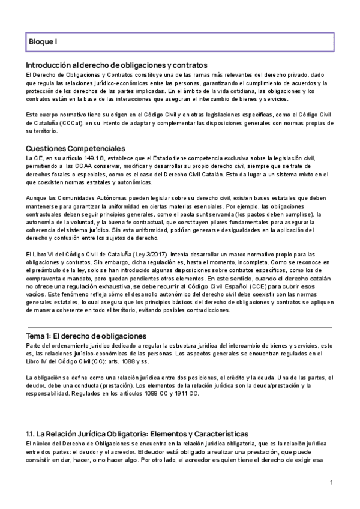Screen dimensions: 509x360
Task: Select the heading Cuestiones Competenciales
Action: click(75, 149)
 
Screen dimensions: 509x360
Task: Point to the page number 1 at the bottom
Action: click(332, 483)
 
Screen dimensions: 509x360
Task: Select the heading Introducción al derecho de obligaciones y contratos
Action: click(117, 65)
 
